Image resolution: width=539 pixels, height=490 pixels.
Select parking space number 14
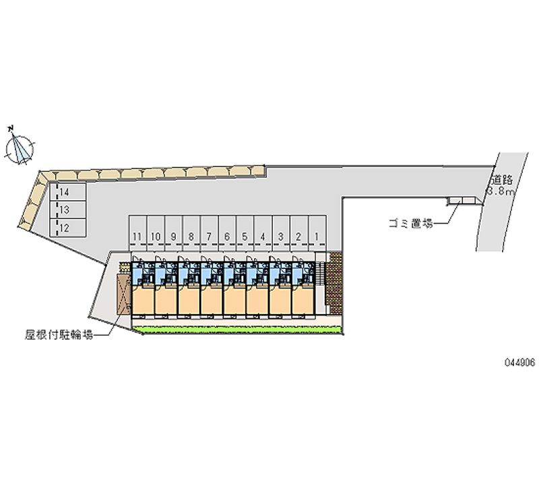click(x=68, y=192)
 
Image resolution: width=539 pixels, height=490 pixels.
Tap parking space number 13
click(x=68, y=210)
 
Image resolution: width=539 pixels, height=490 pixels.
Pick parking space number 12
click(x=68, y=228)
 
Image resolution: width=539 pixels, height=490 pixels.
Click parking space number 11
click(x=138, y=233)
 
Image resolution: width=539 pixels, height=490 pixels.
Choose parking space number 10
click(x=156, y=233)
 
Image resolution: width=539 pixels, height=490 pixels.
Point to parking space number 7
click(x=210, y=233)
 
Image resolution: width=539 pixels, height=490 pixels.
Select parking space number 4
click(x=263, y=233)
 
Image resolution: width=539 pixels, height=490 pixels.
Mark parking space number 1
click(x=317, y=233)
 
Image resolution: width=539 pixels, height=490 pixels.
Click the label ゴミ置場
click(x=411, y=224)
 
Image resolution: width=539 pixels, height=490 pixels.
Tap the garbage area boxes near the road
click(x=461, y=200)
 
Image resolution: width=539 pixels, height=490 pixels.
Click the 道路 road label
click(x=502, y=179)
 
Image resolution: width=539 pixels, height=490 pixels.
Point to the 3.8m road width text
click(x=501, y=191)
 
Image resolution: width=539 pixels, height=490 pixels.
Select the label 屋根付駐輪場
click(x=59, y=334)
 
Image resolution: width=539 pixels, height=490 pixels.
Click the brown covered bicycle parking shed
click(x=124, y=295)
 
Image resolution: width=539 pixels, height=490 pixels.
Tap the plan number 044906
click(x=519, y=363)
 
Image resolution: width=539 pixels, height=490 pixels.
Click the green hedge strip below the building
click(x=238, y=330)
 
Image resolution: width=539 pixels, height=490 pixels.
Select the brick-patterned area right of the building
click(x=335, y=283)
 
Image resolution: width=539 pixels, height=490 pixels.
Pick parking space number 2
click(x=298, y=233)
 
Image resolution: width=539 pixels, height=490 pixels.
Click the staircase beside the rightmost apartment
click(x=321, y=274)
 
